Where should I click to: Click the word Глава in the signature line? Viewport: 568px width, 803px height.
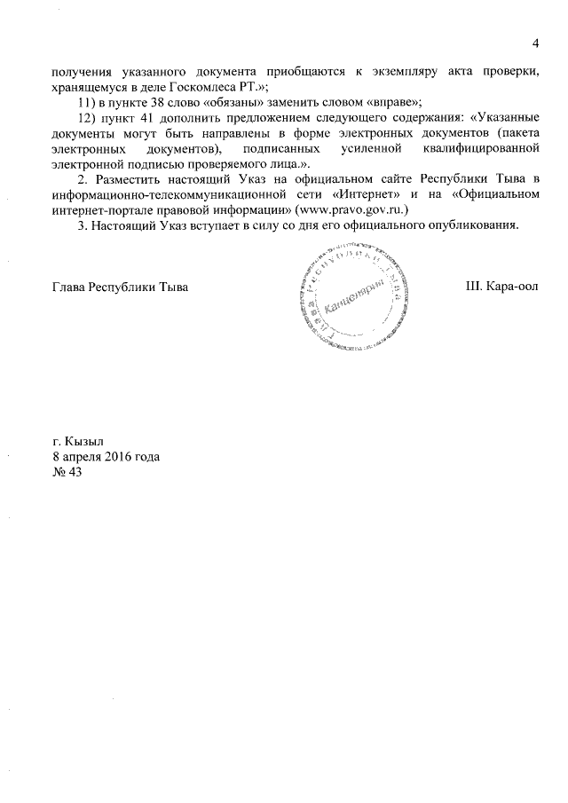70,287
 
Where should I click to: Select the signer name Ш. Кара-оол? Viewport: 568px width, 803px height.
501,287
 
